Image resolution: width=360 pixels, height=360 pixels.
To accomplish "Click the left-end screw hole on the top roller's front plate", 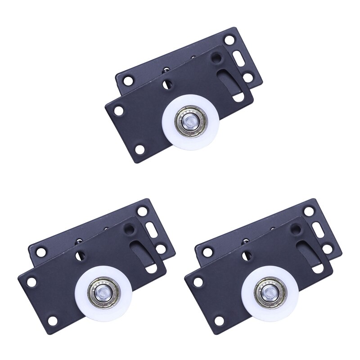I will pyautogui.click(x=118, y=109).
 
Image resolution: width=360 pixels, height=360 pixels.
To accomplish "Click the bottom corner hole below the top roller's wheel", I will pyautogui.click(x=140, y=149).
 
